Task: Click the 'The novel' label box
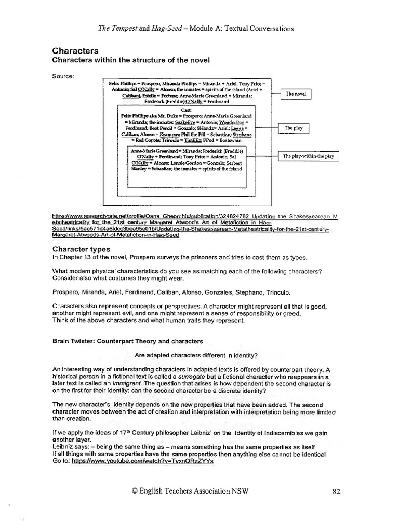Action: pos(296,94)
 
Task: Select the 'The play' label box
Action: pos(294,128)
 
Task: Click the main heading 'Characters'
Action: pos(75,51)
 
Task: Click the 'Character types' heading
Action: pos(81,249)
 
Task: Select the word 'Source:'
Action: pos(63,77)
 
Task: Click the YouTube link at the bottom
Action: pos(142,461)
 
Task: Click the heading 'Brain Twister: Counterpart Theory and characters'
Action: pos(128,341)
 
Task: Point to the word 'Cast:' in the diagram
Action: pos(185,111)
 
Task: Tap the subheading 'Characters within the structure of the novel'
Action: pos(130,60)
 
